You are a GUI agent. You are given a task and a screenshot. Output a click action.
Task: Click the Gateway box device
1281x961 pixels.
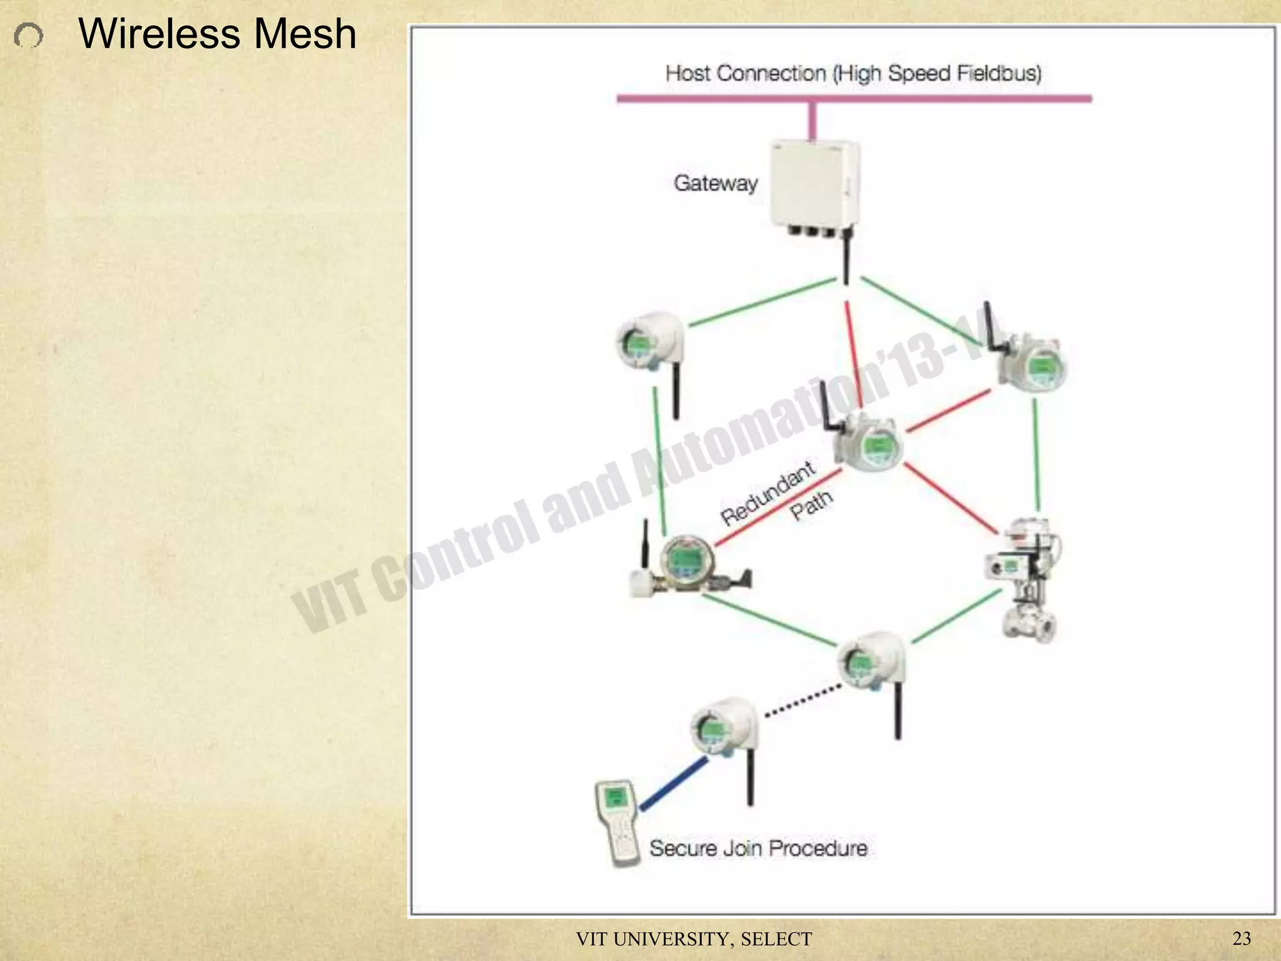814,185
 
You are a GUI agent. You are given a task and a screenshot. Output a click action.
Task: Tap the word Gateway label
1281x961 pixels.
716,183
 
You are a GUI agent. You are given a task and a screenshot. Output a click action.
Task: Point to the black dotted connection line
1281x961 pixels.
803,701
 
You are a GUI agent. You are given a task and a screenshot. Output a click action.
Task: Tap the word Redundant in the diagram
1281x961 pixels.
767,494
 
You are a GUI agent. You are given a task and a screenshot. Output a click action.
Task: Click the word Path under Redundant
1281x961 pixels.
811,506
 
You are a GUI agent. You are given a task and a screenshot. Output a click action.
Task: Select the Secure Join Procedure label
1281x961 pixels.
758,848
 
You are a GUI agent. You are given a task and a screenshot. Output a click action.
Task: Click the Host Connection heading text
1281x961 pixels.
853,73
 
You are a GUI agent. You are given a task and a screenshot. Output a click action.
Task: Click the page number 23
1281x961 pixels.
1241,938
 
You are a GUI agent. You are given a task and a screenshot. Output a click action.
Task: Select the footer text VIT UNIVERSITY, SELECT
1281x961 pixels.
694,939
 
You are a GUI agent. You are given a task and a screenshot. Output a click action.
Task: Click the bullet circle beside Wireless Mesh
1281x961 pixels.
29,36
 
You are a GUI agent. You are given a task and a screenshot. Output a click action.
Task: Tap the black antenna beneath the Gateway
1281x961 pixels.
846,257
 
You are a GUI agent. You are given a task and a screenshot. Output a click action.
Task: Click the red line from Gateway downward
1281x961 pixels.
854,353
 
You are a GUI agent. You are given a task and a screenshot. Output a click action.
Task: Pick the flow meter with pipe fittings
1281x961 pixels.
688,563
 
